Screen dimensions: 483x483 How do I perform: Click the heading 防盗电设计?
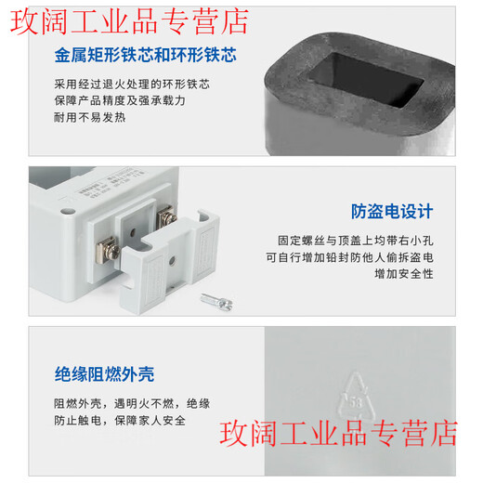392,212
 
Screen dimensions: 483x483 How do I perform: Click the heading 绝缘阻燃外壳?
103,375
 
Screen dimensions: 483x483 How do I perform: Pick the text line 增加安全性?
404,273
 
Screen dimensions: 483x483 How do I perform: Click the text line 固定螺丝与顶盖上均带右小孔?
356,240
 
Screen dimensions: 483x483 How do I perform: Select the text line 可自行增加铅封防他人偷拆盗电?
349,256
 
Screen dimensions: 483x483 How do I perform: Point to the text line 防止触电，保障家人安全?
120,421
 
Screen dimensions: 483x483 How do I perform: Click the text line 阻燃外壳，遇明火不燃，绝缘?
132,403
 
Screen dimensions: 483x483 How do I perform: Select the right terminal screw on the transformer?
167,218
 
